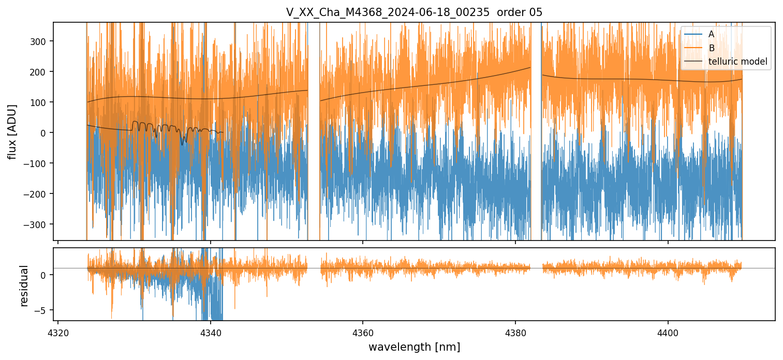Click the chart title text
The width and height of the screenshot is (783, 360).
[414, 12]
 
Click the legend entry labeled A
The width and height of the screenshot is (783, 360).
[711, 34]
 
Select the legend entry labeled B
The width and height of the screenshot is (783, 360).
[711, 48]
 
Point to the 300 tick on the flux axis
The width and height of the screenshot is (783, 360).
[40, 41]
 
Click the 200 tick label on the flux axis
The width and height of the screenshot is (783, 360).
[40, 72]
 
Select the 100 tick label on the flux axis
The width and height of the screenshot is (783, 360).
[40, 102]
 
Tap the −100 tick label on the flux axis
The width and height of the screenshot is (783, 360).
[37, 163]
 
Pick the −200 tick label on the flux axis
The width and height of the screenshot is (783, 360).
[37, 194]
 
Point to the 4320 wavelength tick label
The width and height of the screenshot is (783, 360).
[58, 332]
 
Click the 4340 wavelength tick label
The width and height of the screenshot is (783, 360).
[211, 332]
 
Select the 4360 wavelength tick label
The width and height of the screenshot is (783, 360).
[363, 332]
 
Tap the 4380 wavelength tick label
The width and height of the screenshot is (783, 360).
[515, 332]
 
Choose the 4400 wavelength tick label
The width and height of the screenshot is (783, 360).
[668, 332]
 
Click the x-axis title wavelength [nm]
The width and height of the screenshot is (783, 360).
[414, 347]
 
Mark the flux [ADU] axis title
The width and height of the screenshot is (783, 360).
[12, 131]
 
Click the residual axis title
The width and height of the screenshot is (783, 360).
[24, 286]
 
